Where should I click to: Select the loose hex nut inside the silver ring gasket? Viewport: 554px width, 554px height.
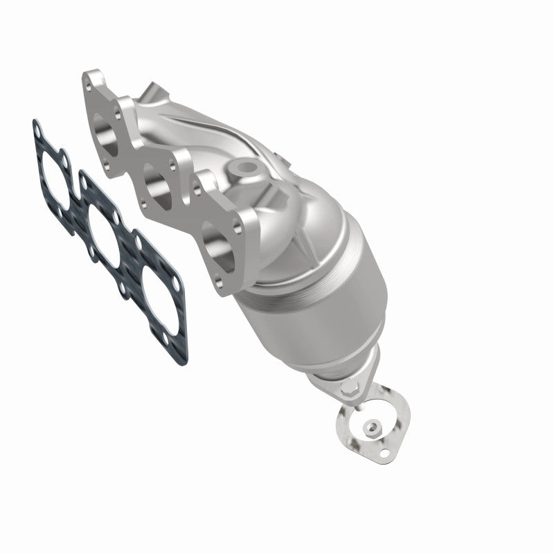(375, 427)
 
